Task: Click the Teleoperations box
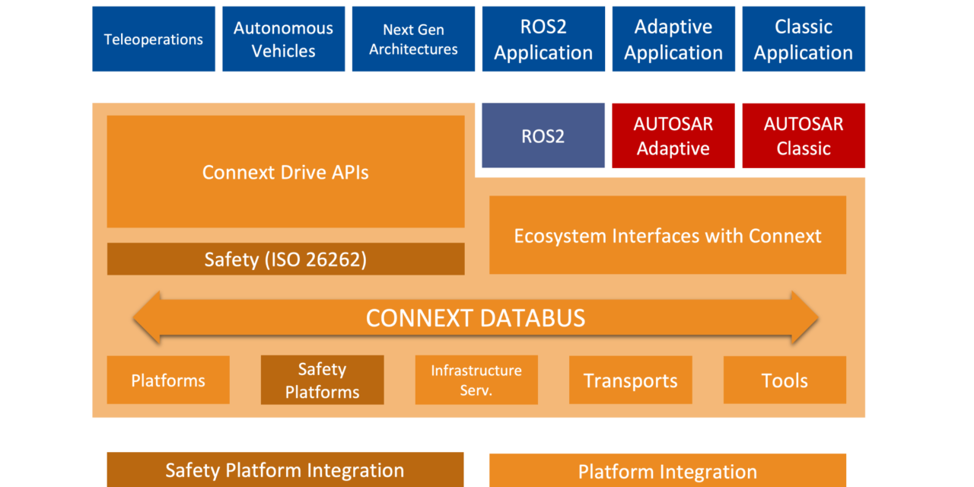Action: click(x=154, y=39)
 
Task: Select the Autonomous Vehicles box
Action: click(x=283, y=39)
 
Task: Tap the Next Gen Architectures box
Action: click(x=413, y=39)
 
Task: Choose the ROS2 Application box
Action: click(x=543, y=39)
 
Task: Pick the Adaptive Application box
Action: click(x=673, y=39)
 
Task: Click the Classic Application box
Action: click(x=804, y=39)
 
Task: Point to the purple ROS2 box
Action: click(x=543, y=136)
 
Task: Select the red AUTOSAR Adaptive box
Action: click(x=673, y=136)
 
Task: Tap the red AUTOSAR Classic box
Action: click(x=804, y=136)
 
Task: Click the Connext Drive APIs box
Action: click(x=285, y=172)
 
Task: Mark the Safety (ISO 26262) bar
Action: click(x=285, y=259)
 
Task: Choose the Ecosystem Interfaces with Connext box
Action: click(x=667, y=235)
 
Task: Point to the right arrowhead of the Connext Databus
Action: click(x=804, y=317)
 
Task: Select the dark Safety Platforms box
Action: click(x=322, y=380)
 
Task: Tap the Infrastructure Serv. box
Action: click(x=476, y=380)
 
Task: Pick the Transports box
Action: click(x=630, y=380)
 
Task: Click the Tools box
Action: click(x=785, y=380)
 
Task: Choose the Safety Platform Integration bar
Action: click(x=285, y=469)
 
